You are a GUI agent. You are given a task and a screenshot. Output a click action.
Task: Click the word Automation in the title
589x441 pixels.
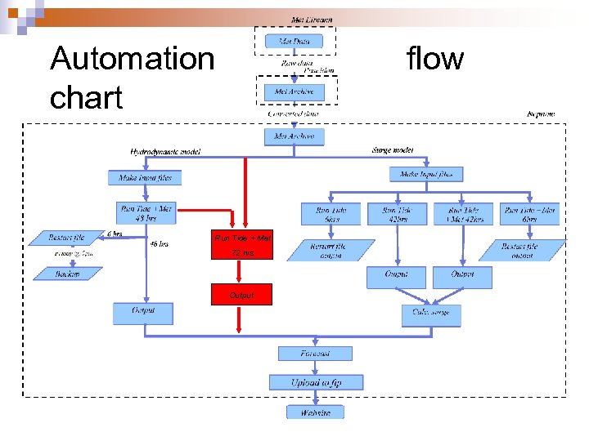tap(132, 59)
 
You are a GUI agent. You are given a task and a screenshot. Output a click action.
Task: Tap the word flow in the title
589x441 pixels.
tap(434, 59)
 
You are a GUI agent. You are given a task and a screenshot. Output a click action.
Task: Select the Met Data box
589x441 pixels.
tap(294, 40)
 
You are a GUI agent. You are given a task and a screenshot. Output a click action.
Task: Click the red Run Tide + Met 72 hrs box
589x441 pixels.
tap(241, 245)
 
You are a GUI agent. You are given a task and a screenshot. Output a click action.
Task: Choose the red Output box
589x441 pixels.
tap(241, 295)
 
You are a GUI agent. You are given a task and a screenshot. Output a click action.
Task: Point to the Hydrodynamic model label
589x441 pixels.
tap(164, 152)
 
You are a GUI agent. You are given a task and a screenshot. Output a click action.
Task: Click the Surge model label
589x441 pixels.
tap(392, 150)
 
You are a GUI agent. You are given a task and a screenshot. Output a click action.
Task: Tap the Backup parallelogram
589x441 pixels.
tap(68, 274)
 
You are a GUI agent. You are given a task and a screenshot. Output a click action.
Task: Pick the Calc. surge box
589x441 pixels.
tap(431, 314)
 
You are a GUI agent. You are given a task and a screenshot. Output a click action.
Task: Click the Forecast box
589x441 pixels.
tap(315, 354)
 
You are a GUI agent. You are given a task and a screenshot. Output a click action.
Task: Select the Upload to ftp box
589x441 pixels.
tap(316, 382)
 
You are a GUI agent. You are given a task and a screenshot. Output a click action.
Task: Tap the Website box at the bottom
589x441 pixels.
tap(315, 412)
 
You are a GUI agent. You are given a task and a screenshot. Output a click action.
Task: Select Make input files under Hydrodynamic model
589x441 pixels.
tap(145, 177)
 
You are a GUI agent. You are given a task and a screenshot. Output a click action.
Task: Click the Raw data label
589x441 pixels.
tap(295, 61)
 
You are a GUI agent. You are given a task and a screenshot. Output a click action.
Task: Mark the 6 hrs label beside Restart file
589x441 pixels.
tap(115, 234)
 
